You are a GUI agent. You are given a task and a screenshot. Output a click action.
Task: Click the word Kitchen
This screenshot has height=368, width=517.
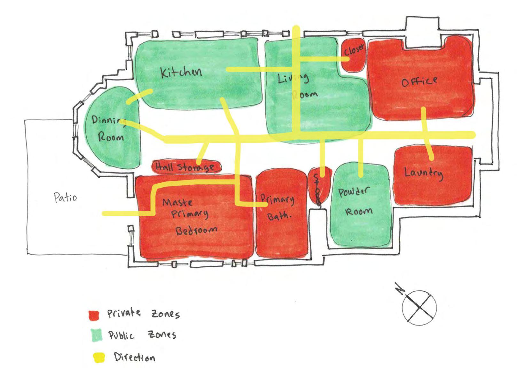(x=181, y=73)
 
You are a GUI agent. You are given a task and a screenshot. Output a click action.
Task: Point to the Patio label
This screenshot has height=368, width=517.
(x=66, y=197)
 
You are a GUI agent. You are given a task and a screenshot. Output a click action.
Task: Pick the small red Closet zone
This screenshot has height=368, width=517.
(x=354, y=54)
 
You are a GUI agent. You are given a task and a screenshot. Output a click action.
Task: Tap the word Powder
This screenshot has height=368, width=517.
(x=353, y=192)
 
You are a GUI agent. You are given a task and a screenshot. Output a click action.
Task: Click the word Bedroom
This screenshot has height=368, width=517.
(x=196, y=230)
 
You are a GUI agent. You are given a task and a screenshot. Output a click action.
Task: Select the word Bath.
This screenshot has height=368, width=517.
(x=279, y=216)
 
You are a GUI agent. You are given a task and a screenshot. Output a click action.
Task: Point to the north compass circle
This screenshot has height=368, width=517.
(x=419, y=308)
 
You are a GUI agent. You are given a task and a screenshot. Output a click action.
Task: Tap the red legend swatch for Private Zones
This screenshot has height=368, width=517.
(x=94, y=315)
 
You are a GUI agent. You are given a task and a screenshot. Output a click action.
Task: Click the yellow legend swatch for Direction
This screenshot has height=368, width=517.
(x=99, y=357)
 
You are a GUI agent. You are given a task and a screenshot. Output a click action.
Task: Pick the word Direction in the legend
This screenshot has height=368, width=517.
(x=134, y=357)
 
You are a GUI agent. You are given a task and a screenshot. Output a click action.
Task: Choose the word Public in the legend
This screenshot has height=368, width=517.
(x=121, y=335)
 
